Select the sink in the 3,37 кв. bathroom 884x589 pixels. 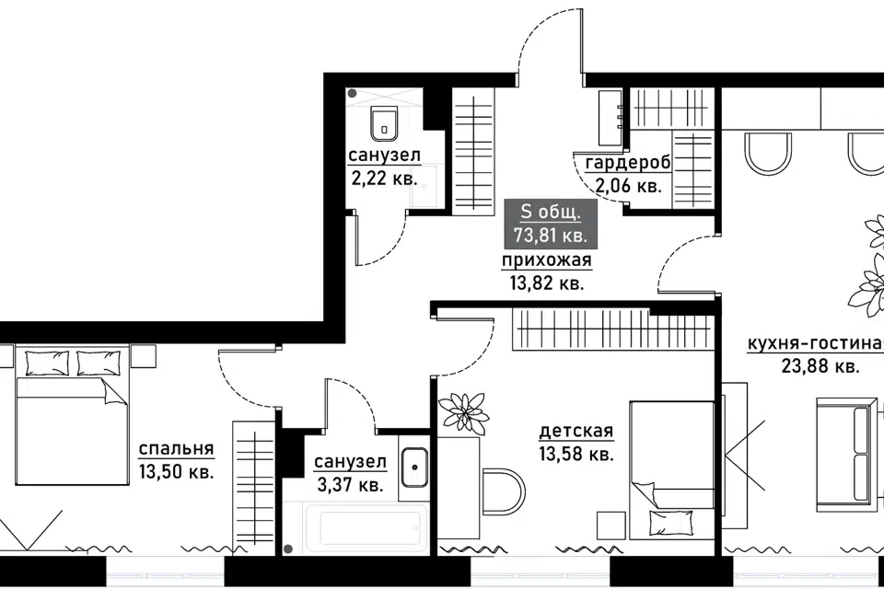click(x=414, y=468)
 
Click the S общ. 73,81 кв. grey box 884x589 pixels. click(x=549, y=224)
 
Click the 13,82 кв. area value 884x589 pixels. click(x=547, y=283)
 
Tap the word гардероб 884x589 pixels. click(x=628, y=163)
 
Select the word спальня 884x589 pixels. click(x=177, y=449)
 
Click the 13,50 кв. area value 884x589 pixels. click(x=177, y=471)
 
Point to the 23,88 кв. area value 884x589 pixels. click(x=820, y=366)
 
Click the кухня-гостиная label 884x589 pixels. click(x=815, y=343)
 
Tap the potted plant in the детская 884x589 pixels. click(x=463, y=414)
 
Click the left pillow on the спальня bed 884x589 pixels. click(x=47, y=363)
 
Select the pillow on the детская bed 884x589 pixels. click(x=670, y=523)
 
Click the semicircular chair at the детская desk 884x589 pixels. click(x=504, y=491)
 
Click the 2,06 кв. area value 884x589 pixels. click(x=628, y=185)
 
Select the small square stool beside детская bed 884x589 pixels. click(x=611, y=525)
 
